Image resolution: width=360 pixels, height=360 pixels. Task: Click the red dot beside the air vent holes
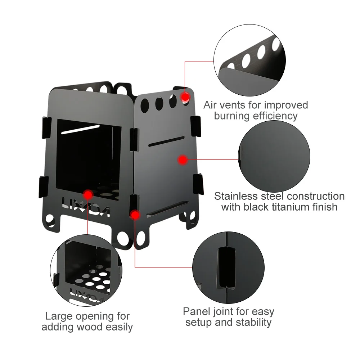pyautogui.click(x=185, y=97)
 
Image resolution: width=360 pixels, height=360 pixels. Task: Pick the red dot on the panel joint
pyautogui.click(x=135, y=215)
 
